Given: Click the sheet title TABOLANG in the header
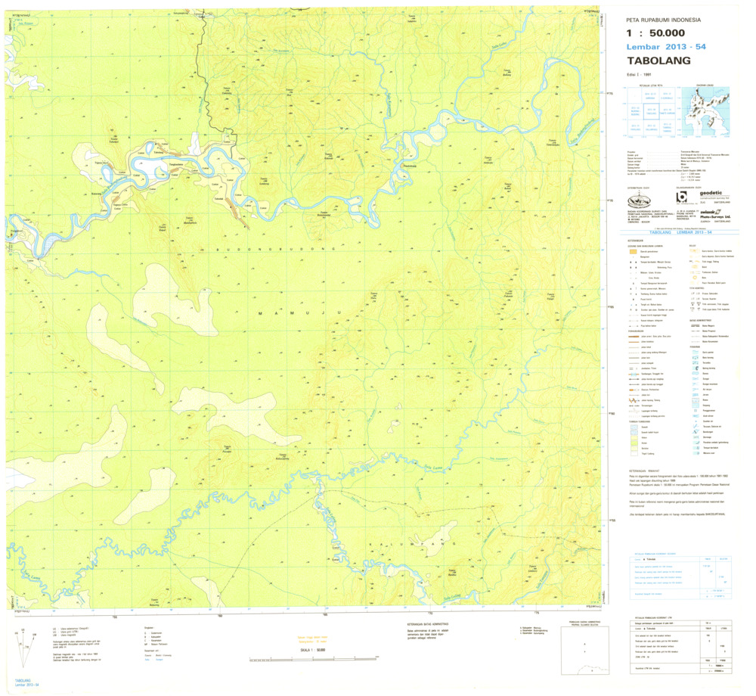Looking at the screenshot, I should (658, 61).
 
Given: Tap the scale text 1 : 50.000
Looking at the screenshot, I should (655, 33).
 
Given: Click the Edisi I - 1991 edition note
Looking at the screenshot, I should (639, 75).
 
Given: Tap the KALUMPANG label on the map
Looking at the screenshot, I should (414, 543).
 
